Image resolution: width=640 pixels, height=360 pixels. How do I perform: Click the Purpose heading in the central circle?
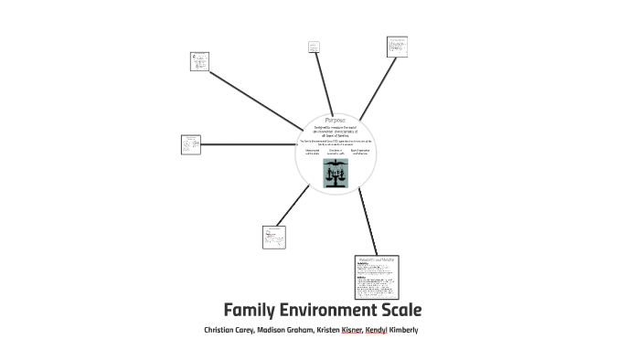335,120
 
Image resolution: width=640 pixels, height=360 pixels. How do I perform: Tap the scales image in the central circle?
335,173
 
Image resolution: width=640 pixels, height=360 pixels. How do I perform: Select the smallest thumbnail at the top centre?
315,46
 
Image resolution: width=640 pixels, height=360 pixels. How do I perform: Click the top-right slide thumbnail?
397,47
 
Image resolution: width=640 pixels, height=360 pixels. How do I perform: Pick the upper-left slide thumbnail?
199,61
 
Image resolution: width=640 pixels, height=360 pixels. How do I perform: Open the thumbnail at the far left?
190,144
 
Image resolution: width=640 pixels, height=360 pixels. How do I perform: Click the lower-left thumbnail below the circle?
274,237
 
